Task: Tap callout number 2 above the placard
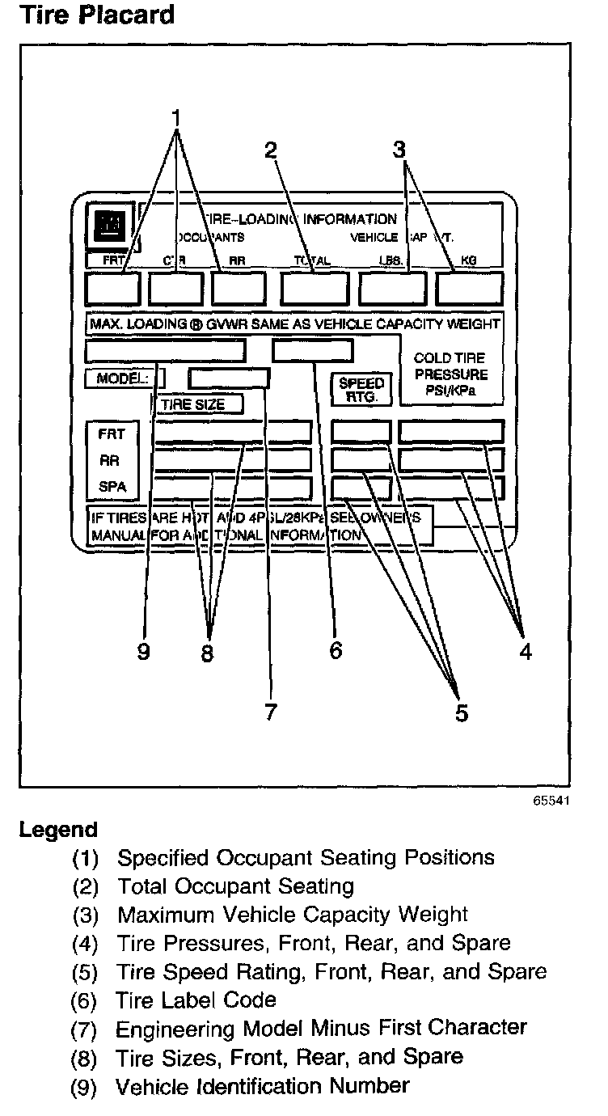(271, 150)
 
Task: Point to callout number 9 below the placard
(143, 652)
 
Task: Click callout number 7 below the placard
(270, 711)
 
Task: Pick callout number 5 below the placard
(459, 712)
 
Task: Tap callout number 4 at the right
(526, 651)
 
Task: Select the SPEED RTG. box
(361, 390)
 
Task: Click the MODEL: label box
(124, 378)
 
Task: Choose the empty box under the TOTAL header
(315, 288)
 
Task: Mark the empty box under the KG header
(469, 288)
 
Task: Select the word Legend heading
(58, 830)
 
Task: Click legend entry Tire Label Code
(196, 1000)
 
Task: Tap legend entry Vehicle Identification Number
(263, 1086)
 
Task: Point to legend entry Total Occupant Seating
(235, 886)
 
